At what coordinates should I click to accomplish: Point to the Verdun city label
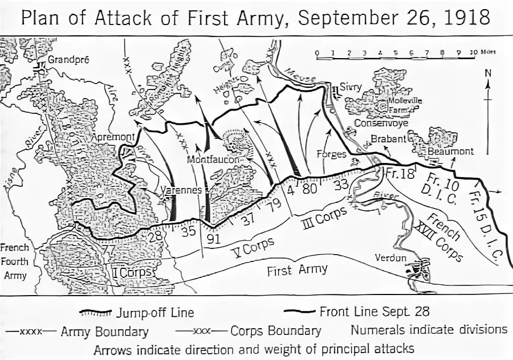point(390,257)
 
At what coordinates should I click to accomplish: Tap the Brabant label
point(388,138)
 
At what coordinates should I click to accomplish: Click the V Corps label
point(253,247)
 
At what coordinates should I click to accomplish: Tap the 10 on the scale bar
point(473,52)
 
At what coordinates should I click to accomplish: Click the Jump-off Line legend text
point(155,313)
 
